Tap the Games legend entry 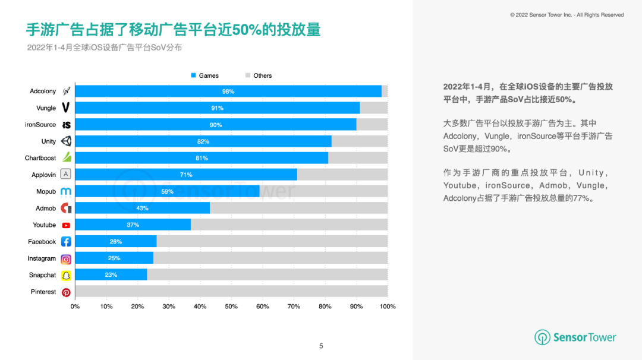[x=204, y=75]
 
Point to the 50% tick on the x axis [x=231, y=307]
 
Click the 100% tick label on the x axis [x=388, y=307]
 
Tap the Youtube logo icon [x=66, y=225]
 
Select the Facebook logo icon [x=66, y=242]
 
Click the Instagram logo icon [x=66, y=259]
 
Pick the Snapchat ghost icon [x=66, y=276]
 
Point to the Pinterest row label [x=43, y=292]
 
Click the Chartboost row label [x=40, y=158]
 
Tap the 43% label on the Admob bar [x=142, y=209]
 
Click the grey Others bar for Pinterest [x=232, y=292]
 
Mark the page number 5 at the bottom [x=321, y=346]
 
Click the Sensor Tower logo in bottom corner [x=575, y=337]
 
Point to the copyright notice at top [x=567, y=15]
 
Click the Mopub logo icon [x=66, y=192]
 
